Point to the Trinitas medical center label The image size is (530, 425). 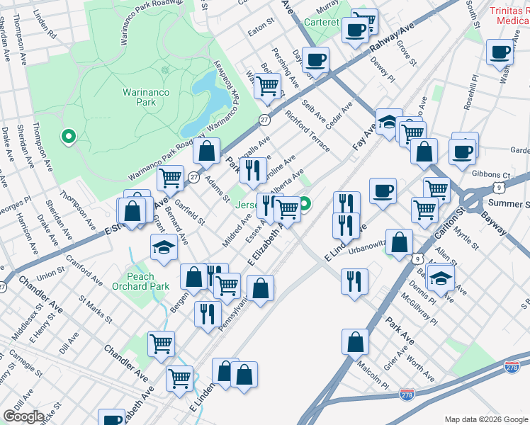point(509,16)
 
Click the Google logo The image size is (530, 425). point(23,416)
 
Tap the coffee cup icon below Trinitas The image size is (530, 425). point(500,52)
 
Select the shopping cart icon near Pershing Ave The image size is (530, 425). point(267,86)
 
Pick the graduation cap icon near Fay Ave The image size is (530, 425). point(389,122)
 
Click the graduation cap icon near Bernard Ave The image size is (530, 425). point(163,248)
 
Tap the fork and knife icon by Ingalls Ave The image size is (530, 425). point(252,169)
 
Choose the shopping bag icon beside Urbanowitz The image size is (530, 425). point(400,241)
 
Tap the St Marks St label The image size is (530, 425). point(95,310)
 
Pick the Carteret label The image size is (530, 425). point(323,22)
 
